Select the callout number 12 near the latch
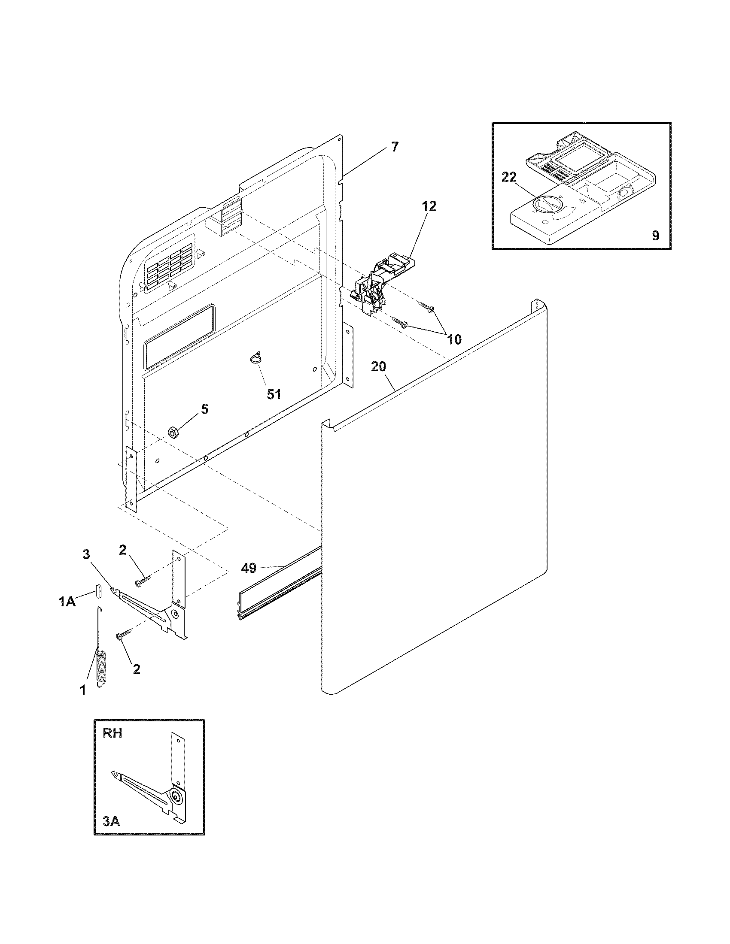429,206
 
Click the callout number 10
454,339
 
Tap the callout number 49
249,568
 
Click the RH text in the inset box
112,733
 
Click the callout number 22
509,178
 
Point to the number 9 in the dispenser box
655,236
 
